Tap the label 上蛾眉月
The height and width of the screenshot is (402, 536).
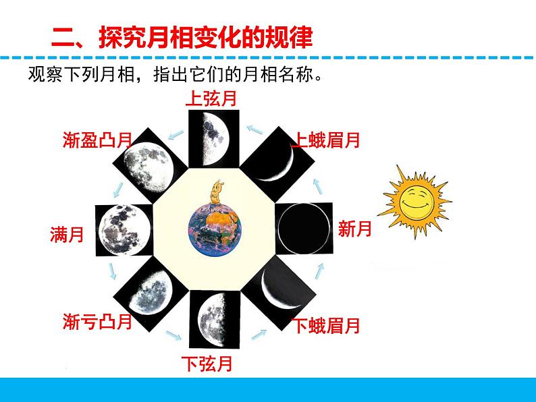click(326, 140)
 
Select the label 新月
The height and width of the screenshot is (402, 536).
click(355, 229)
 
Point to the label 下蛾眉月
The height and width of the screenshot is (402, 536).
click(326, 326)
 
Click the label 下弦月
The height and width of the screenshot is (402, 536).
click(207, 364)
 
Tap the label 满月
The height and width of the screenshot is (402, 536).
click(67, 235)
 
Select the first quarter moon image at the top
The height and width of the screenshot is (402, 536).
click(211, 138)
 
